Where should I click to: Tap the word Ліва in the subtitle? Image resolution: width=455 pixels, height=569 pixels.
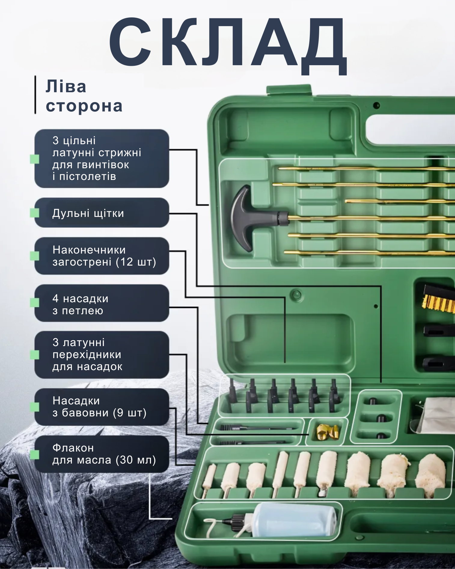tap(66, 87)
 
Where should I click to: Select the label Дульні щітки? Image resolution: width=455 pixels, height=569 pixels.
tap(88, 213)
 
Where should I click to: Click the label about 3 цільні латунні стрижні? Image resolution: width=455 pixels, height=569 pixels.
tap(97, 158)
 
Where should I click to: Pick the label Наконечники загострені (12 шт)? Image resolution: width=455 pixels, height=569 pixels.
tap(104, 256)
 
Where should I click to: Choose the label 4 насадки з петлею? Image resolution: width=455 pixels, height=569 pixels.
tap(80, 304)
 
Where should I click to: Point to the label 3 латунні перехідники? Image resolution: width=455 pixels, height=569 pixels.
tap(87, 354)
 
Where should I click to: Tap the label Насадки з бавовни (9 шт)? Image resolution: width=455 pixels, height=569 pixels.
tap(99, 406)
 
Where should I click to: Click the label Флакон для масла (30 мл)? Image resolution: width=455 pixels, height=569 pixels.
tap(104, 454)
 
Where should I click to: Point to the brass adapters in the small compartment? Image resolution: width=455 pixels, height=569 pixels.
tap(327, 432)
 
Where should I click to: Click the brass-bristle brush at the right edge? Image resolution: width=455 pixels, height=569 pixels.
tap(439, 299)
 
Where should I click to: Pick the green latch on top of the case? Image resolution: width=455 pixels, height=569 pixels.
tap(289, 90)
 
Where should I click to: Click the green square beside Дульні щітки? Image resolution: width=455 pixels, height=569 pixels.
tap(35, 213)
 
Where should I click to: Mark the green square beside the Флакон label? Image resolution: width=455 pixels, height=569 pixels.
tap(35, 454)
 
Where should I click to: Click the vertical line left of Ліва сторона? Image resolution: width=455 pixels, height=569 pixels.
tap(35, 95)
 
